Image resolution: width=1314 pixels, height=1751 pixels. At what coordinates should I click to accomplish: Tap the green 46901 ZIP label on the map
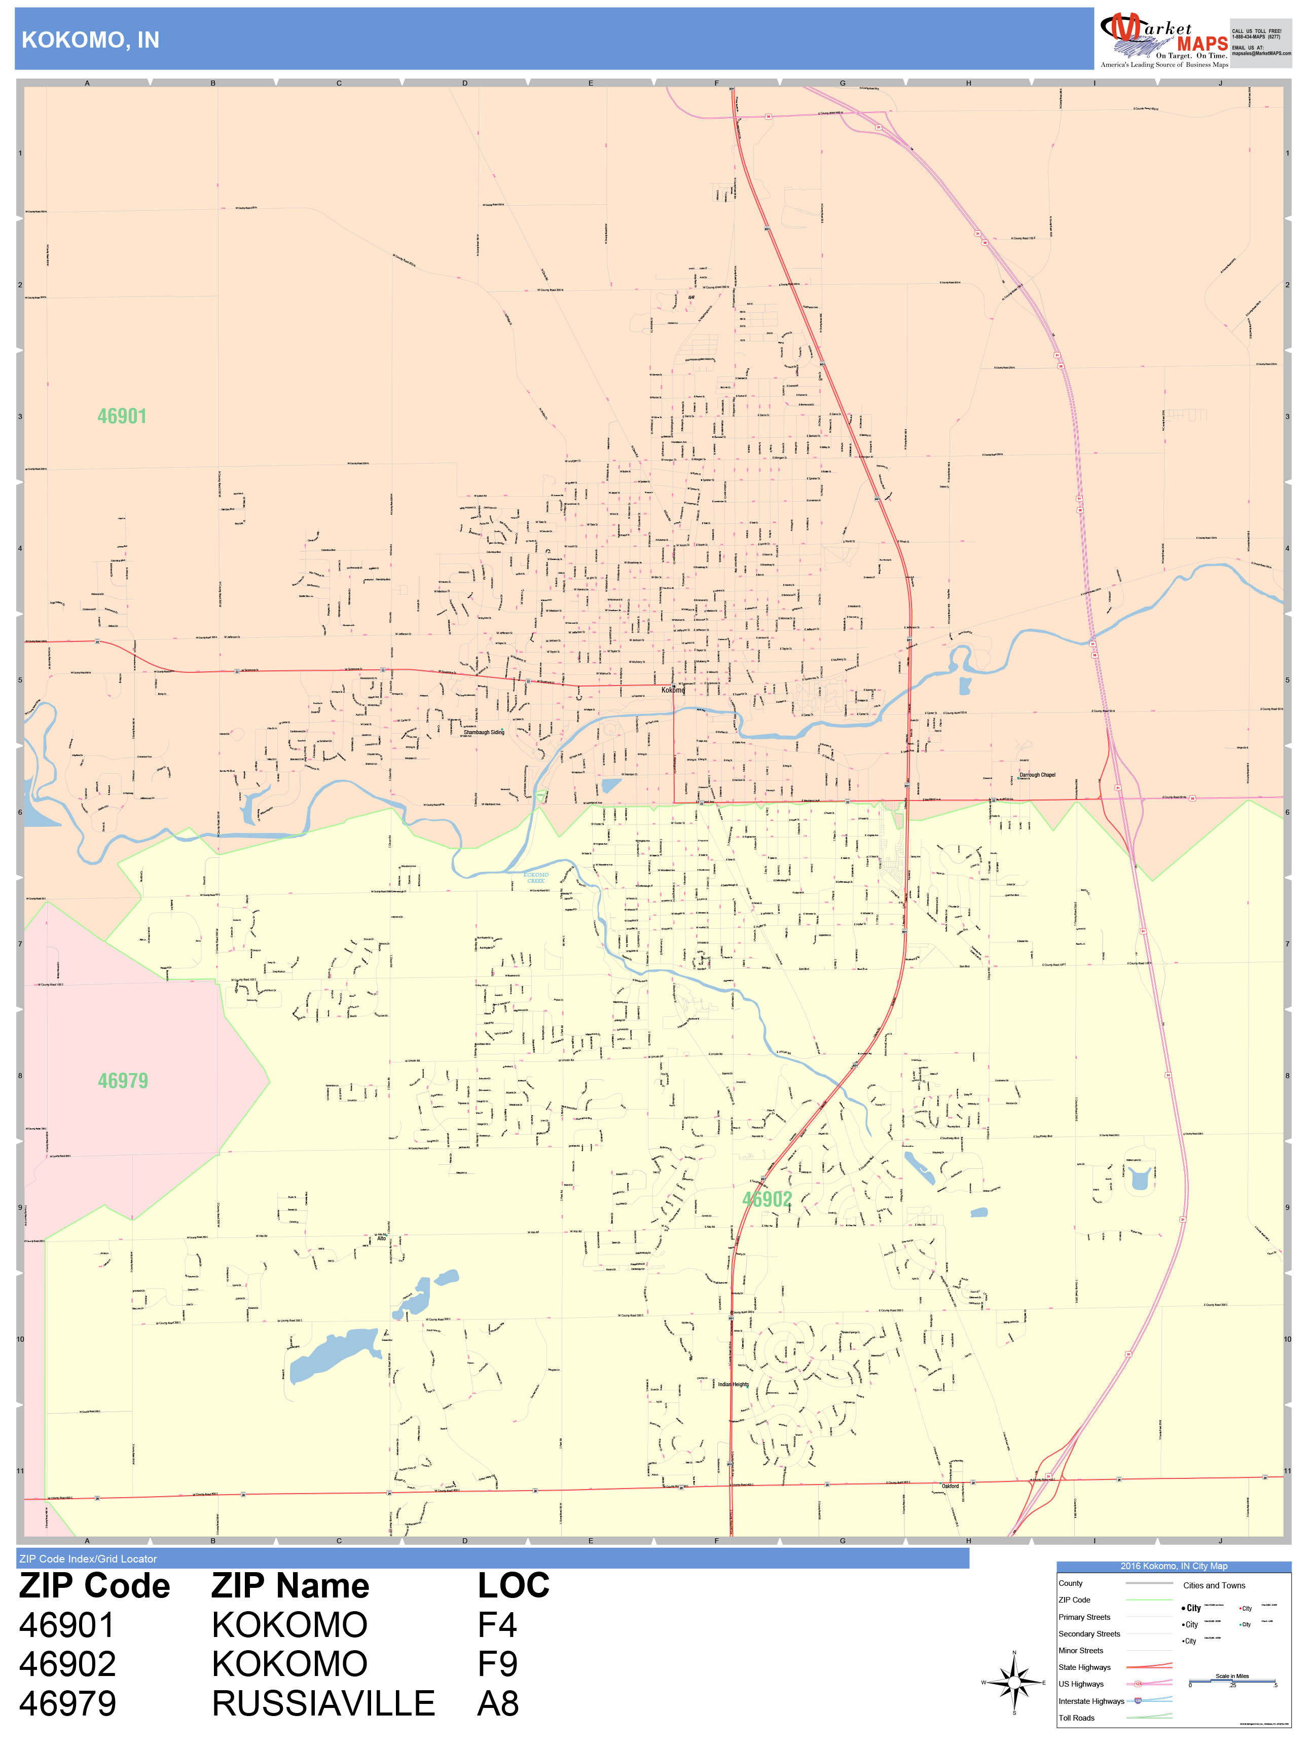click(x=122, y=416)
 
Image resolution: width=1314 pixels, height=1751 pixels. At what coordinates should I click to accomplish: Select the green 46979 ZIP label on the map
click(x=123, y=1081)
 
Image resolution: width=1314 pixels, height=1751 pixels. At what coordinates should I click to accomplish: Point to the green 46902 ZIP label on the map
click(x=766, y=1199)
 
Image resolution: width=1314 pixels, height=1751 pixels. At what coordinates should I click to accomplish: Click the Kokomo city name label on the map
click(x=673, y=690)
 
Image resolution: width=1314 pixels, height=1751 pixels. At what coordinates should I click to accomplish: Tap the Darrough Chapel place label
click(x=1037, y=775)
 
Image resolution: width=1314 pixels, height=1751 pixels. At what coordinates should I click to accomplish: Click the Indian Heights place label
click(x=733, y=1385)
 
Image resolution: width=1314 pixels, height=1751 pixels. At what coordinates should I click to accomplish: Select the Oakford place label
click(x=950, y=1486)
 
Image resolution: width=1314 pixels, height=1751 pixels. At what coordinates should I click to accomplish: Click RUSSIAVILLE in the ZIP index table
click(x=323, y=1703)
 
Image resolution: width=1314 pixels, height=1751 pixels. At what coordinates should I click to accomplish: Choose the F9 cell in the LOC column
click(x=497, y=1664)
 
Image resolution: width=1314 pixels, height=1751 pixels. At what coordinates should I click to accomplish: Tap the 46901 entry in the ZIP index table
click(x=67, y=1625)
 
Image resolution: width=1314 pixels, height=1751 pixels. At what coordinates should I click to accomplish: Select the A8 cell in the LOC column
click(x=497, y=1703)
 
